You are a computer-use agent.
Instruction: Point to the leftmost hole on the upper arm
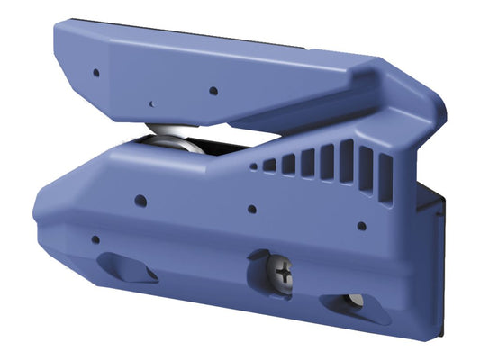click(x=95, y=72)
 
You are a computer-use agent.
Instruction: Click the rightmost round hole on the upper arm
click(x=213, y=90)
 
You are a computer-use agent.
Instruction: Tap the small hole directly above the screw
click(x=252, y=209)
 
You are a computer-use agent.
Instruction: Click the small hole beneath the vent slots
click(x=361, y=226)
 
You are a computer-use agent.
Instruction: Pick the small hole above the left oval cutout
click(x=95, y=239)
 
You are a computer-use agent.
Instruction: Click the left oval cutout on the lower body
click(x=129, y=268)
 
